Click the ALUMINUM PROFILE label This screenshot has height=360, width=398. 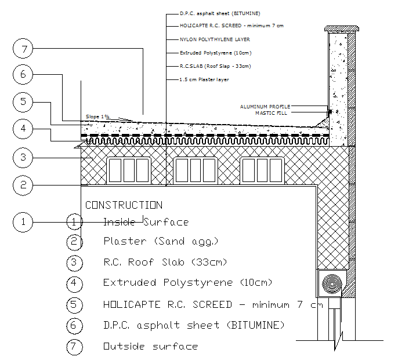265,107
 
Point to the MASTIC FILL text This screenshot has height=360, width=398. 272,113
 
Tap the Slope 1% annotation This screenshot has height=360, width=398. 97,117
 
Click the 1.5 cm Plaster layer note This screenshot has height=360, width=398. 205,79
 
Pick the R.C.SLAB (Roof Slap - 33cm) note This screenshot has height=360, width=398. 215,66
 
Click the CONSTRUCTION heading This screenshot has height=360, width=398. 124,205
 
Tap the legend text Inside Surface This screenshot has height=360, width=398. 146,222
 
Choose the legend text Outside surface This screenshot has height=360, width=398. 150,347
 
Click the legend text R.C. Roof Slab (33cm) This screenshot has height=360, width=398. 165,262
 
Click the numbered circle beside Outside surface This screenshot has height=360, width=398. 75,347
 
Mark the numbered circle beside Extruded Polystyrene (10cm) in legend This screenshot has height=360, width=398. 75,283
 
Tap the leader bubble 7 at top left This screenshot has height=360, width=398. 23,49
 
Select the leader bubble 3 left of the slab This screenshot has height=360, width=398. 23,157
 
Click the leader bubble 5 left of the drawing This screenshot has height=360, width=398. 23,102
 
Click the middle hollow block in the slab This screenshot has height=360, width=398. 195,171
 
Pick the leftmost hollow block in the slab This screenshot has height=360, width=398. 129,171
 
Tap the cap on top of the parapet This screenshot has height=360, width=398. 339,28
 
